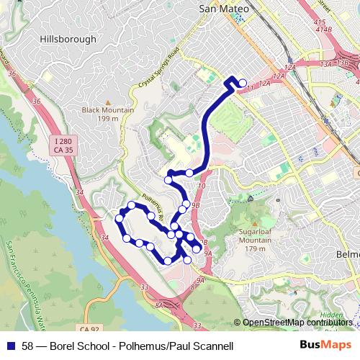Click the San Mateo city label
coord(223,8)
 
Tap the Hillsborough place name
coord(68,39)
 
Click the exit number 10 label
coord(201,186)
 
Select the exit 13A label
coord(325,63)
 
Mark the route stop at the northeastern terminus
coord(242,83)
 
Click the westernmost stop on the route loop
coord(120,217)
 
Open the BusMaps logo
coord(326,346)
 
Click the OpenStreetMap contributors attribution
coord(298,323)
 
